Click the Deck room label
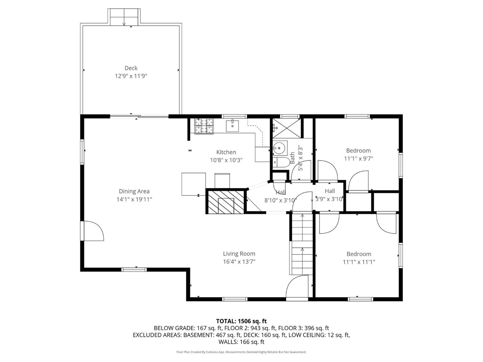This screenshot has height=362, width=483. point(131,68)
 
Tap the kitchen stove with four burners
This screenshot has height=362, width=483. point(204,126)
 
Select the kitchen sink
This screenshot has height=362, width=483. point(233,126)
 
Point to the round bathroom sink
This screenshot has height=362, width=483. point(280,148)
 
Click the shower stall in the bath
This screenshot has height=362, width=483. point(286,128)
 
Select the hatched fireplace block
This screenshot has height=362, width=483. point(226,202)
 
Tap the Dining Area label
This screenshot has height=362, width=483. point(134,191)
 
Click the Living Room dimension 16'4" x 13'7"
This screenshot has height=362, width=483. point(239,262)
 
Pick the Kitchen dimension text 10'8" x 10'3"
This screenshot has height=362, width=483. point(226,160)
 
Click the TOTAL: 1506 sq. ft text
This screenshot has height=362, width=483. point(241,321)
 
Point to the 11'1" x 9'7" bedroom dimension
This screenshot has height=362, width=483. point(359,159)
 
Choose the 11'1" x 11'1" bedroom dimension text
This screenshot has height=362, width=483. point(359,262)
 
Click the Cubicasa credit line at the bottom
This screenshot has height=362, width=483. point(241,352)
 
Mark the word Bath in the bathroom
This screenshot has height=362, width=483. point(293,158)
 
